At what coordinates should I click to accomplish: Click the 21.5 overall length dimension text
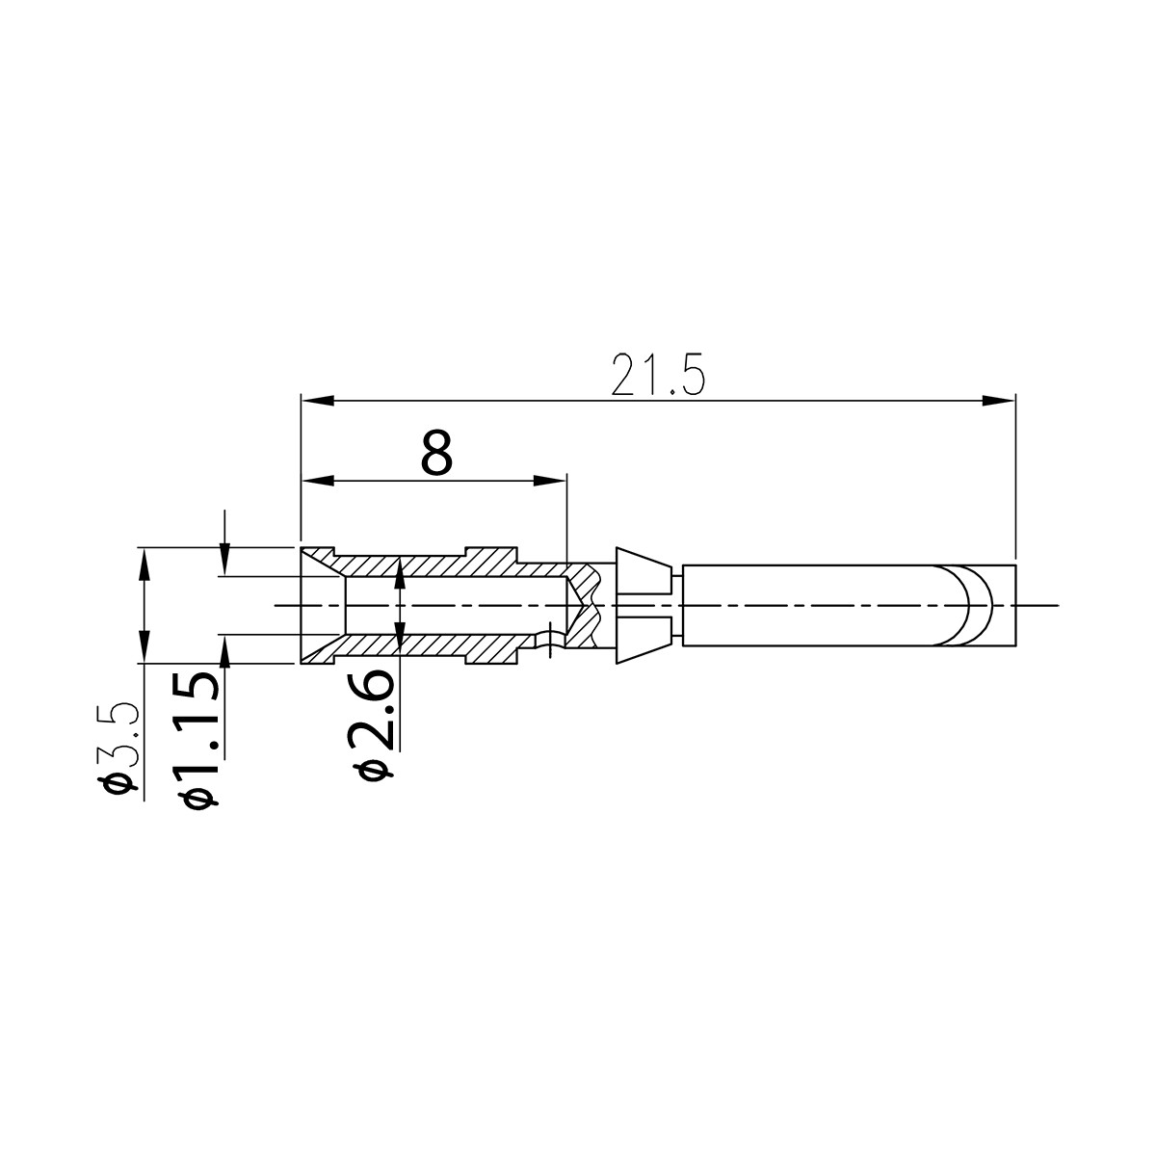click(x=659, y=376)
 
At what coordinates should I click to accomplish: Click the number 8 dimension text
click(x=436, y=453)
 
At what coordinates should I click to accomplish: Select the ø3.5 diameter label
click(x=122, y=748)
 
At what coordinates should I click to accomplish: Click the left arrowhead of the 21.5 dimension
click(x=314, y=400)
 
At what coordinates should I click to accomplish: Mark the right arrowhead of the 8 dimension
click(x=553, y=480)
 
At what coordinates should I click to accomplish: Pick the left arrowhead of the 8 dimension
click(x=314, y=480)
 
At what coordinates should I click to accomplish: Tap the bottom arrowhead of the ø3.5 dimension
click(x=144, y=650)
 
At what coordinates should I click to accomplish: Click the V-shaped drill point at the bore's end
click(x=578, y=605)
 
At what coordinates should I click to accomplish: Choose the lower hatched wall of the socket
click(x=443, y=646)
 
